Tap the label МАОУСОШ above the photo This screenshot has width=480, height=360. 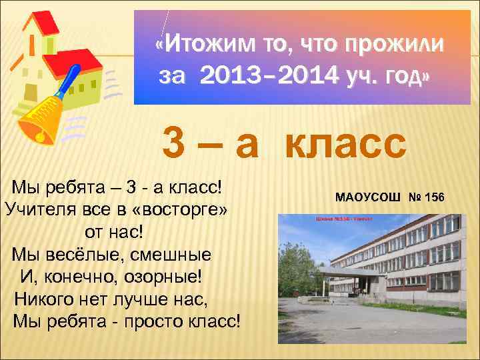[369, 198]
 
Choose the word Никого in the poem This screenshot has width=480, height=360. [46, 299]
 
